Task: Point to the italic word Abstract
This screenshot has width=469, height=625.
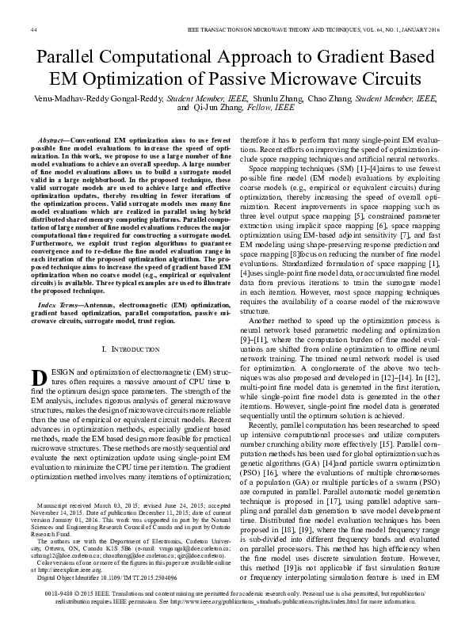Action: pyautogui.click(x=53, y=137)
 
